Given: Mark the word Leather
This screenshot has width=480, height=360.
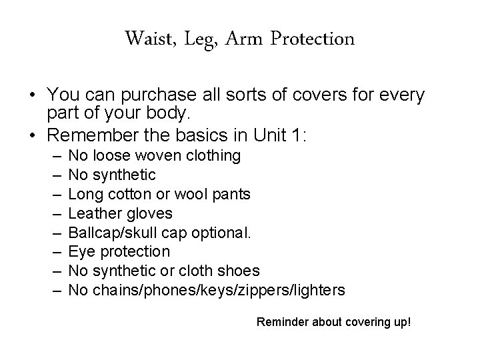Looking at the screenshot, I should [x=91, y=213].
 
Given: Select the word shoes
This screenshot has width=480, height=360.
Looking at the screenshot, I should [x=239, y=270].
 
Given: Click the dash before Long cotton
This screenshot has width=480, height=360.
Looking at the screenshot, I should [x=53, y=194].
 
